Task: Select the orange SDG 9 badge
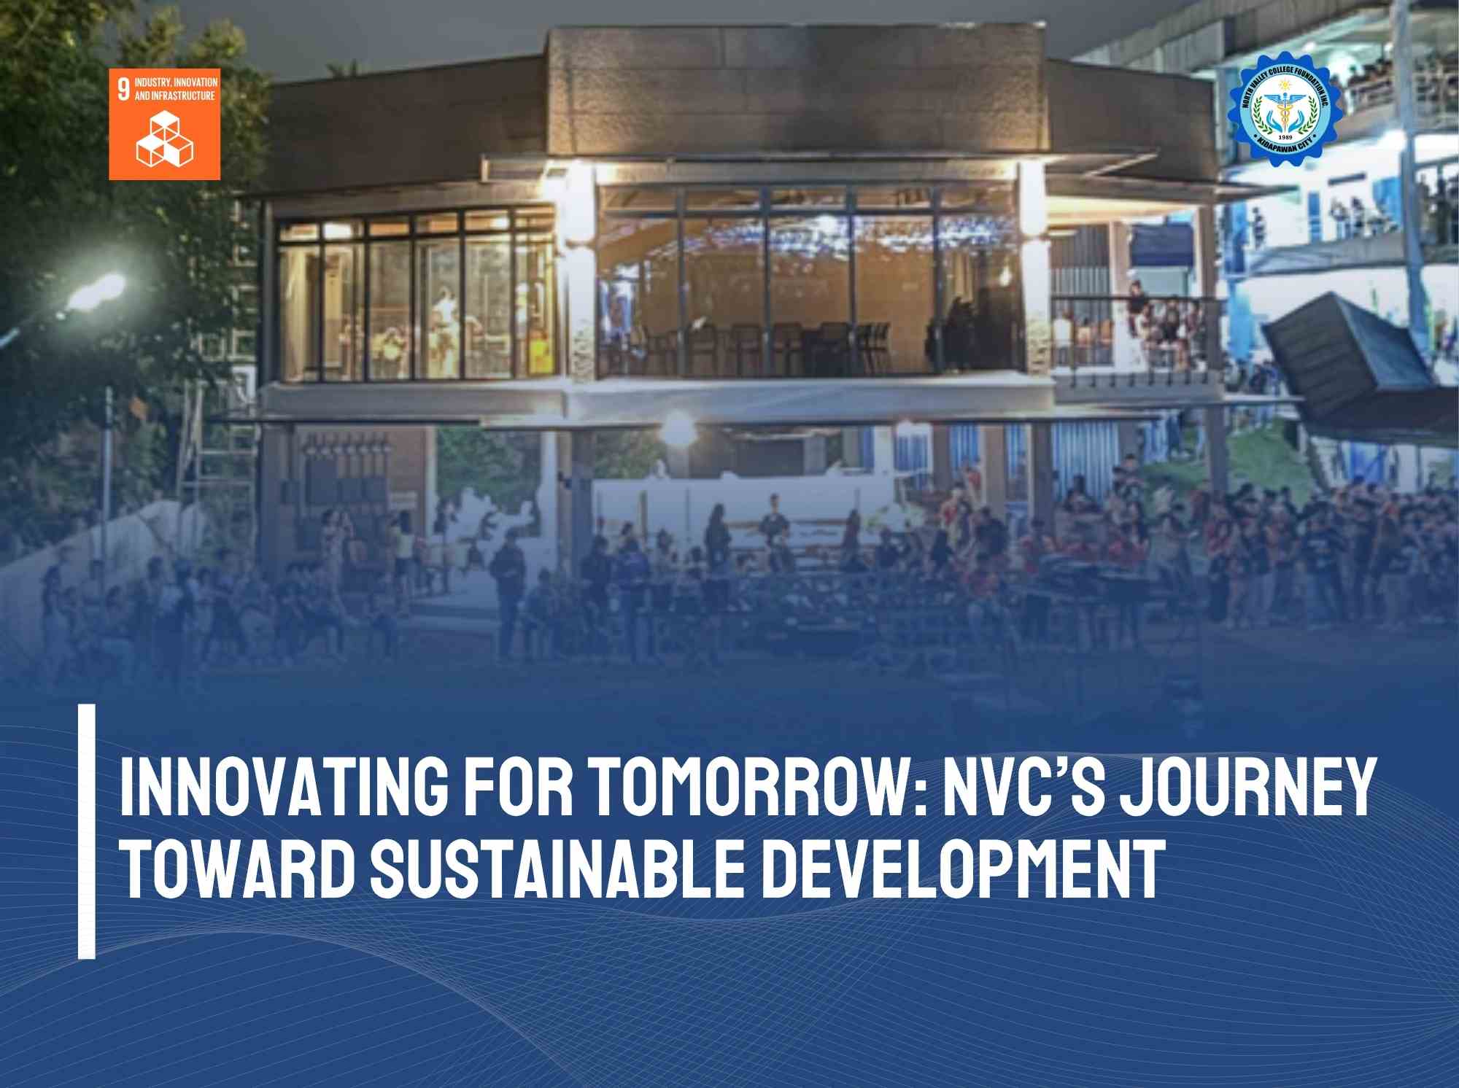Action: click(164, 124)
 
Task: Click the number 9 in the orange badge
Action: click(123, 90)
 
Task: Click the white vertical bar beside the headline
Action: click(87, 831)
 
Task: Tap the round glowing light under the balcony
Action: click(678, 428)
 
